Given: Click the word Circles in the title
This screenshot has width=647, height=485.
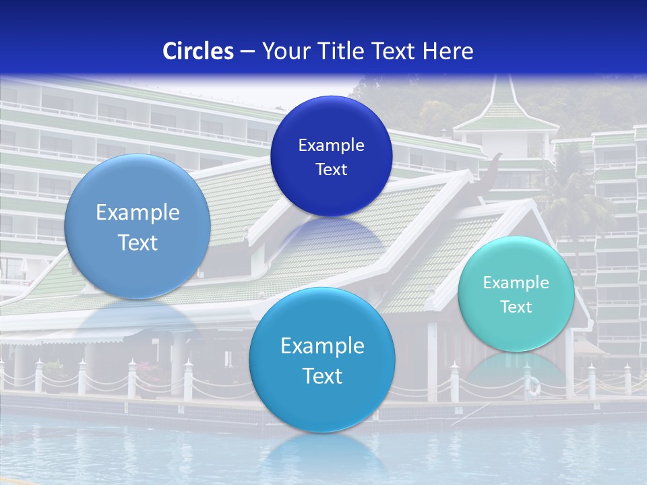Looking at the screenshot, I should [198, 51].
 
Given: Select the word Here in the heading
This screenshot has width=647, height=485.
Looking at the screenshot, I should [448, 51].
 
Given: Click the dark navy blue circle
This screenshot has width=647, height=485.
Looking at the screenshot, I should [331, 156].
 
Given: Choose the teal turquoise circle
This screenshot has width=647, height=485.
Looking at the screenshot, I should [516, 294].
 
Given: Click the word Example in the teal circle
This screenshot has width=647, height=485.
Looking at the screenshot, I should [516, 282].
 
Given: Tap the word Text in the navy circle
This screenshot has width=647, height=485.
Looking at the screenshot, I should [331, 170].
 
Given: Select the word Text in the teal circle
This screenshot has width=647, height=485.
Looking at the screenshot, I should [516, 307].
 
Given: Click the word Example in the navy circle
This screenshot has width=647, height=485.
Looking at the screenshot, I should [331, 145].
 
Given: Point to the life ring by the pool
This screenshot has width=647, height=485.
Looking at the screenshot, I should [533, 386].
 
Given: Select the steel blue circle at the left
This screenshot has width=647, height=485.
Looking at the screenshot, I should [137, 226].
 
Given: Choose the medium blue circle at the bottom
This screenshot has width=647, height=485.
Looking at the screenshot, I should [322, 360].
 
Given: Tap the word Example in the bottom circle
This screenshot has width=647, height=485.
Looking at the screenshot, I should [322, 346].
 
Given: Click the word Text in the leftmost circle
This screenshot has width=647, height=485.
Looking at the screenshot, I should [137, 243].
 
